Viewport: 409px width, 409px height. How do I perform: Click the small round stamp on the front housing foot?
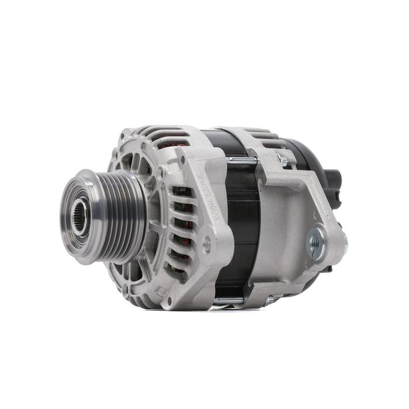pos(207,246)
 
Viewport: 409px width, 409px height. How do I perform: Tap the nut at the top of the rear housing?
pos(283,160)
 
